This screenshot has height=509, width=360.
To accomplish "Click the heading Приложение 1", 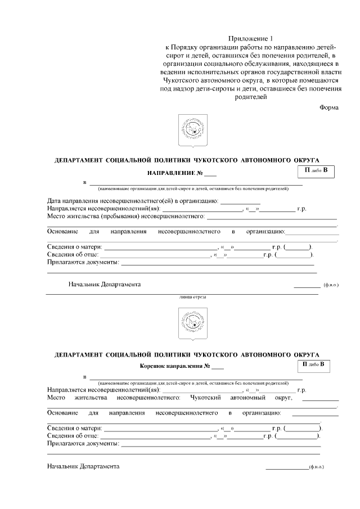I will (251, 38).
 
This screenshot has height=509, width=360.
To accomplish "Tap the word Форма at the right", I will (329, 107).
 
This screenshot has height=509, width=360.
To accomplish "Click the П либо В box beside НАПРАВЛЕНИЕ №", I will (316, 170).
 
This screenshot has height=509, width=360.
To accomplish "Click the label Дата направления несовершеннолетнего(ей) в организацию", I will (132, 200).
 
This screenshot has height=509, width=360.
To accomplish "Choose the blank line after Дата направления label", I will (240, 201).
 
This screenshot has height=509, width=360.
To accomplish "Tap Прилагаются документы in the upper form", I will (83, 262).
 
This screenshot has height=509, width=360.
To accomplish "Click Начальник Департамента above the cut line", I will (105, 284).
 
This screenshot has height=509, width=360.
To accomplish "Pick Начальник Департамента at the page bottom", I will (83, 467).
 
